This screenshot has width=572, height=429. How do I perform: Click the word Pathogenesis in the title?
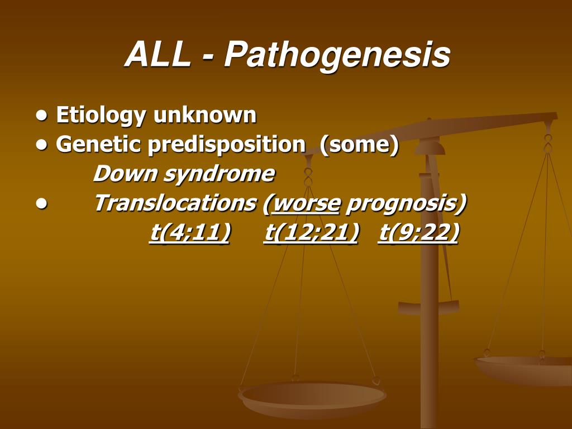[x=337, y=55]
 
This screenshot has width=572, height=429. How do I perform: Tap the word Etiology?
[x=101, y=116]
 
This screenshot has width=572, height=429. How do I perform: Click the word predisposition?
[x=227, y=145]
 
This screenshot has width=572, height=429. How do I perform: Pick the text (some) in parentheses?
[x=359, y=145]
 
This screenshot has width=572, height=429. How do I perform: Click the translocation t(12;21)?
[x=311, y=232]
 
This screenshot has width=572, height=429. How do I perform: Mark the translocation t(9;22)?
[x=418, y=232]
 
